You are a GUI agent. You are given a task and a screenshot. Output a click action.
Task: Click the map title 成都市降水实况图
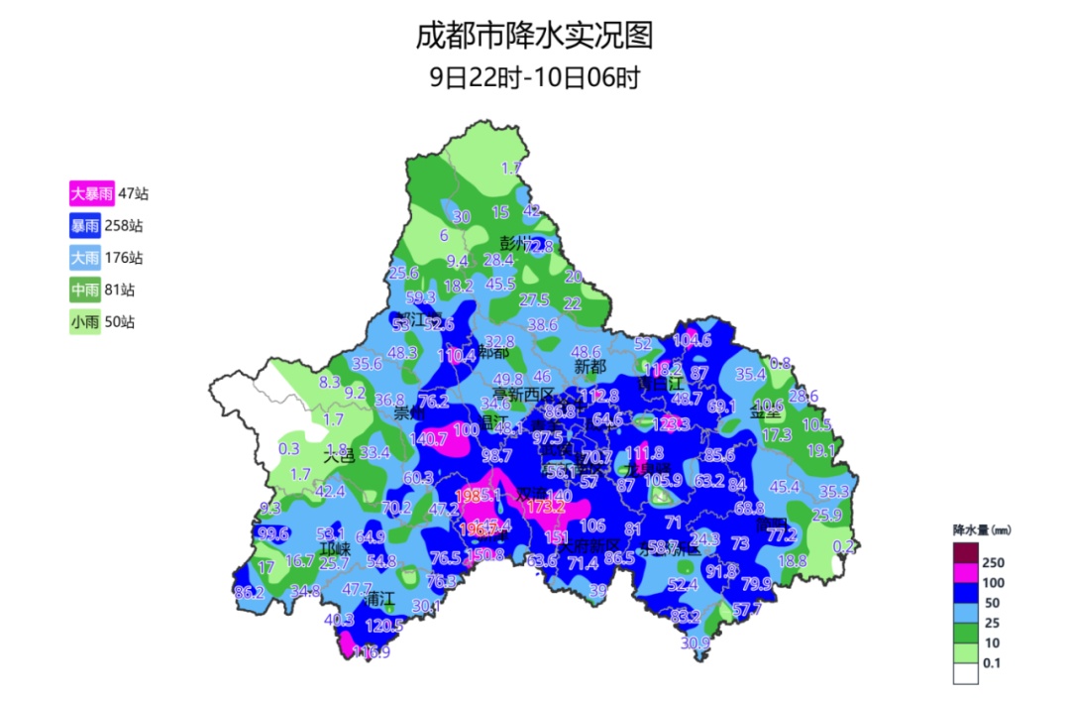[x=534, y=36]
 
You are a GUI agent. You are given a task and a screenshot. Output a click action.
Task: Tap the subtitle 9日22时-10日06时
[x=534, y=77]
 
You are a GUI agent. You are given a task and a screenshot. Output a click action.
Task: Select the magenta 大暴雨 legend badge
[x=91, y=193]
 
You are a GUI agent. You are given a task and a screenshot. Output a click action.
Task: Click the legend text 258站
[x=124, y=225]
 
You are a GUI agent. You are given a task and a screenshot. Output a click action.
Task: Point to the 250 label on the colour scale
[x=993, y=562]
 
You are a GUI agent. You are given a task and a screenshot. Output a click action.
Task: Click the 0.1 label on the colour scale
[x=991, y=663]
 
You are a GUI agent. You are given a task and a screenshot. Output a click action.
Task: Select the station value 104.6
[x=692, y=340]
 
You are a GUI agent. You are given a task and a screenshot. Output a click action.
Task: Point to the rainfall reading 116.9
[x=371, y=652]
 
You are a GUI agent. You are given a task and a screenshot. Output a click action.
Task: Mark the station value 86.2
[x=249, y=593]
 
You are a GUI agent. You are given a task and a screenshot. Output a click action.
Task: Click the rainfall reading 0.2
[x=844, y=546]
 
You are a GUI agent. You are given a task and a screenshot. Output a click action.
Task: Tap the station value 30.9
[x=695, y=643]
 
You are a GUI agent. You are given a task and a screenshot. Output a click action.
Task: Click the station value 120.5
[x=384, y=626]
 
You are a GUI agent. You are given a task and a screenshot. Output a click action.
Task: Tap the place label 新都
[x=590, y=367]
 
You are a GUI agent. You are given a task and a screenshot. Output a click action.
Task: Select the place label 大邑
[x=338, y=456]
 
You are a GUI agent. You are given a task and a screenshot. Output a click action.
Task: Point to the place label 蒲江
[x=379, y=600]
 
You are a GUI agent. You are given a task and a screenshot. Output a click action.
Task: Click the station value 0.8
[x=781, y=363]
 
